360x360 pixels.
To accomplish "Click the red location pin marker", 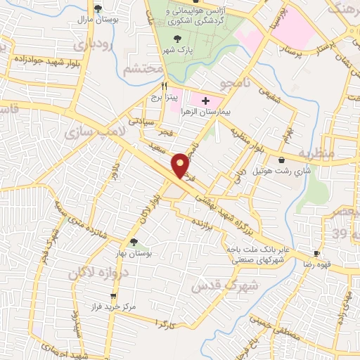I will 181,165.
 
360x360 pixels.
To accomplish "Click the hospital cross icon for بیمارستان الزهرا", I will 205,101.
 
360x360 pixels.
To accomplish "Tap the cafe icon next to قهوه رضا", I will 316,253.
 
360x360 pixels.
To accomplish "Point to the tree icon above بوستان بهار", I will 134,242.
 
